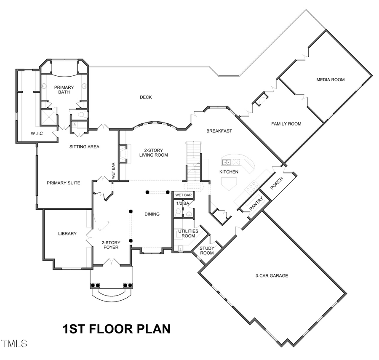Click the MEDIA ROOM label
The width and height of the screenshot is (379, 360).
point(331,80)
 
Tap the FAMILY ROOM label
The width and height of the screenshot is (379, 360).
point(286,124)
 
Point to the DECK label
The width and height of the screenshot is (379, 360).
point(146,97)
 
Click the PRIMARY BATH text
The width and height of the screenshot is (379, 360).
point(64,90)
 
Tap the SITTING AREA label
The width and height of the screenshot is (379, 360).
point(84,147)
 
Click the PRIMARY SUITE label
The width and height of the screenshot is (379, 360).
point(63,183)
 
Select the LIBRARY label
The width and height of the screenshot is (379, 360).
point(67,234)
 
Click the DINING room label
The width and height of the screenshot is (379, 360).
point(152,214)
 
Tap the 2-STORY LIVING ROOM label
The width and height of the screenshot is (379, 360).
point(154,152)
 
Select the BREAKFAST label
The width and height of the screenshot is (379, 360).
point(219,131)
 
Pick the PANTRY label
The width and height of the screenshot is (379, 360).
point(256,204)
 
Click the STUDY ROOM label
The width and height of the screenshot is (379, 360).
point(207,251)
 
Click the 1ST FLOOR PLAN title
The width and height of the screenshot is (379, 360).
point(117,329)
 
